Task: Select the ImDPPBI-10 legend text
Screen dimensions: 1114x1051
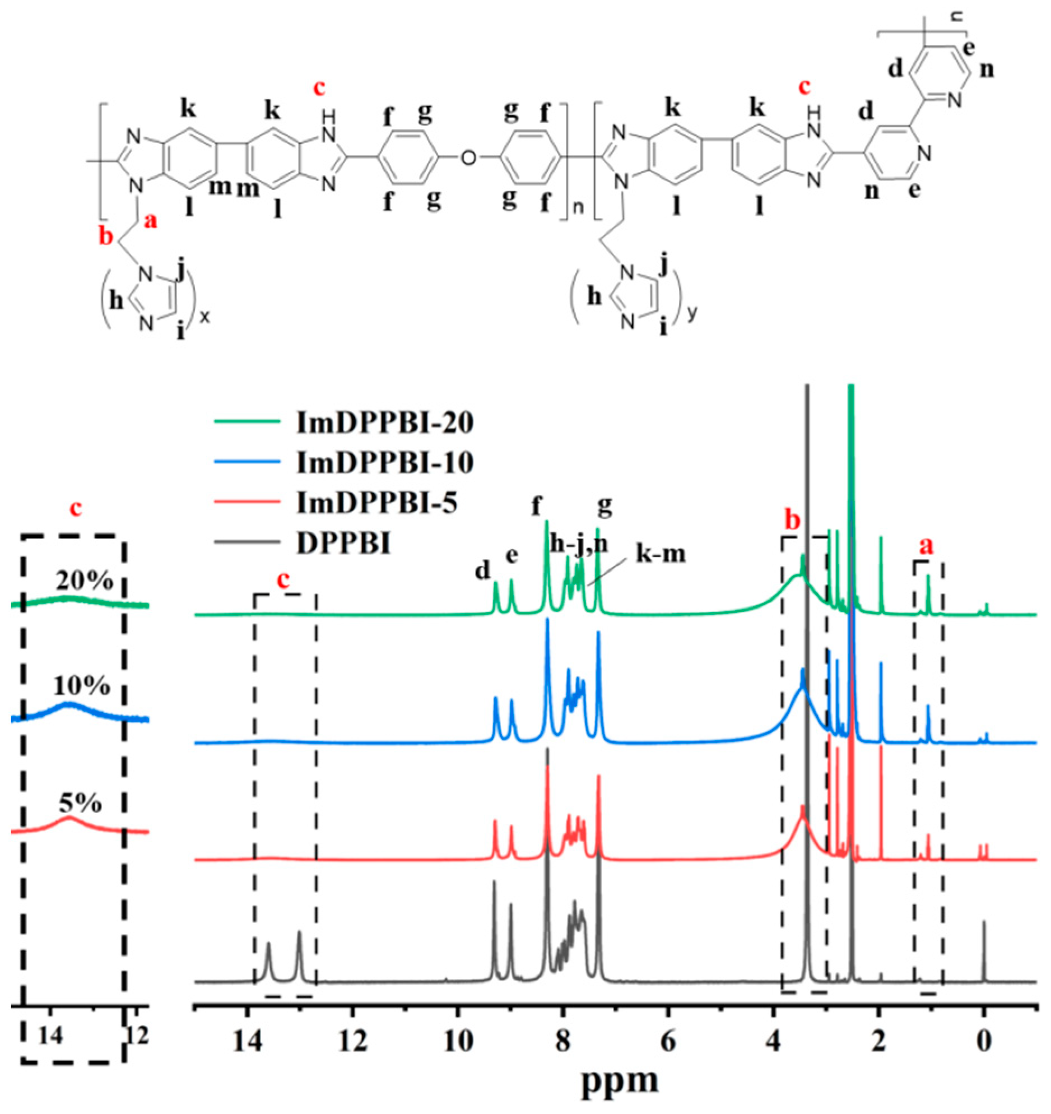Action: pyautogui.click(x=384, y=463)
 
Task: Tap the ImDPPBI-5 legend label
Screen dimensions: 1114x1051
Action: pyautogui.click(x=376, y=503)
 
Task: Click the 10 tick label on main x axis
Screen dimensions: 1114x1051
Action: pyautogui.click(x=458, y=1041)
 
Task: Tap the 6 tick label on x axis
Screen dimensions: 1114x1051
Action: pyautogui.click(x=668, y=1041)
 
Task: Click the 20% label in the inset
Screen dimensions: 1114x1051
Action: pyautogui.click(x=84, y=582)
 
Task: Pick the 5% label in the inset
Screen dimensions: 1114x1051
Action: pyautogui.click(x=80, y=804)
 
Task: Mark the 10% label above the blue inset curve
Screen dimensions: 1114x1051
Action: pyautogui.click(x=81, y=686)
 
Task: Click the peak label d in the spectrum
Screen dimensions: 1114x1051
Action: pyautogui.click(x=482, y=570)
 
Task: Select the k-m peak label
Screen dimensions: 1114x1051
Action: pyautogui.click(x=661, y=554)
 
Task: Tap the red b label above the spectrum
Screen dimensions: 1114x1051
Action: pyautogui.click(x=792, y=521)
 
